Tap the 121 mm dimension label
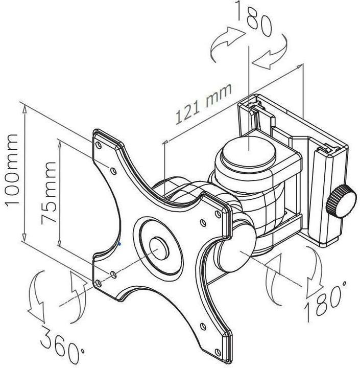point(204,103)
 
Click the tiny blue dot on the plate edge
point(119,244)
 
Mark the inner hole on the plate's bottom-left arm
point(113,275)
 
